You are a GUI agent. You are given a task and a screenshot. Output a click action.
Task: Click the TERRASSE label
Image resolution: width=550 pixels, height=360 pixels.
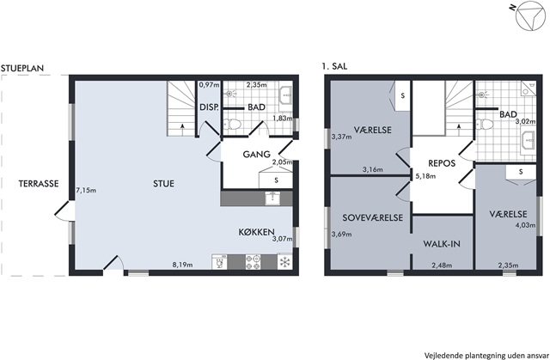tap(39, 184)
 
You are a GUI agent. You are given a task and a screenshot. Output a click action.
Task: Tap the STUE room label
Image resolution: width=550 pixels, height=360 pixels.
tap(163, 184)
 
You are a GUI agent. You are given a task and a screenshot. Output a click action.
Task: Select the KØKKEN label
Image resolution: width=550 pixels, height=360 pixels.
tap(256, 232)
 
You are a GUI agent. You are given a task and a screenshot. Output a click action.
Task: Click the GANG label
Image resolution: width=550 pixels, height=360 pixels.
tap(256, 155)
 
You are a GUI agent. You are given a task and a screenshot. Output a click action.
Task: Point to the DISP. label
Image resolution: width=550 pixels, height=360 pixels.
tap(209, 107)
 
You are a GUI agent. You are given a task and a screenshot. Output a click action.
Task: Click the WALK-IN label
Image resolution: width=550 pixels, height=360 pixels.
tap(442, 244)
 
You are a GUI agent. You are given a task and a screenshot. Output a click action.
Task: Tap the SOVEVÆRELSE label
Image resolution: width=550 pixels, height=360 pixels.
tap(372, 217)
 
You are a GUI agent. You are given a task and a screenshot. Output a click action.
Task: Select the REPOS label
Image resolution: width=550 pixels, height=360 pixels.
tap(442, 163)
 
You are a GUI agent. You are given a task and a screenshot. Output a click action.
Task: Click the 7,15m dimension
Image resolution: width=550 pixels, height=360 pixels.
tap(86, 191)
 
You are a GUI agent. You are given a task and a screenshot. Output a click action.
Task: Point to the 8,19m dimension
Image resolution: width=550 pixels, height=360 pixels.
tap(182, 265)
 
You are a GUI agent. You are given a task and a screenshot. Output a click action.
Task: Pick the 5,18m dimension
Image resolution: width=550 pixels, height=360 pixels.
tap(425, 176)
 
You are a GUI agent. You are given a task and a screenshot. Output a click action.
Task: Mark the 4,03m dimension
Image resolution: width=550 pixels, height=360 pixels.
tap(525, 225)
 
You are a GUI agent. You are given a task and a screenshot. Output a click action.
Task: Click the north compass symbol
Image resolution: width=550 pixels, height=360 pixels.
tap(531, 15)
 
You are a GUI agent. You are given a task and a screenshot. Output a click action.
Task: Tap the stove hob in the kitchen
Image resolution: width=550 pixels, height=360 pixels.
tap(253, 262)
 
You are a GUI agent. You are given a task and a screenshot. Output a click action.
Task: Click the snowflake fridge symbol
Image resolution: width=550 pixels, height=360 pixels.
tap(284, 262)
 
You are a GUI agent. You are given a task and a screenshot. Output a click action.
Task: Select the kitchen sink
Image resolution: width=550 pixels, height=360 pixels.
tap(272, 198)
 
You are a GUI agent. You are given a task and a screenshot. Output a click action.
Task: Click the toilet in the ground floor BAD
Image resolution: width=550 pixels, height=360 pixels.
tap(232, 124)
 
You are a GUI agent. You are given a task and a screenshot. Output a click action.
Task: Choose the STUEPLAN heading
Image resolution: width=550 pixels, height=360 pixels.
tap(22, 68)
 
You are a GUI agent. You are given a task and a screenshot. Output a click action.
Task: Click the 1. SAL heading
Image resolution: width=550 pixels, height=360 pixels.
tap(334, 66)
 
